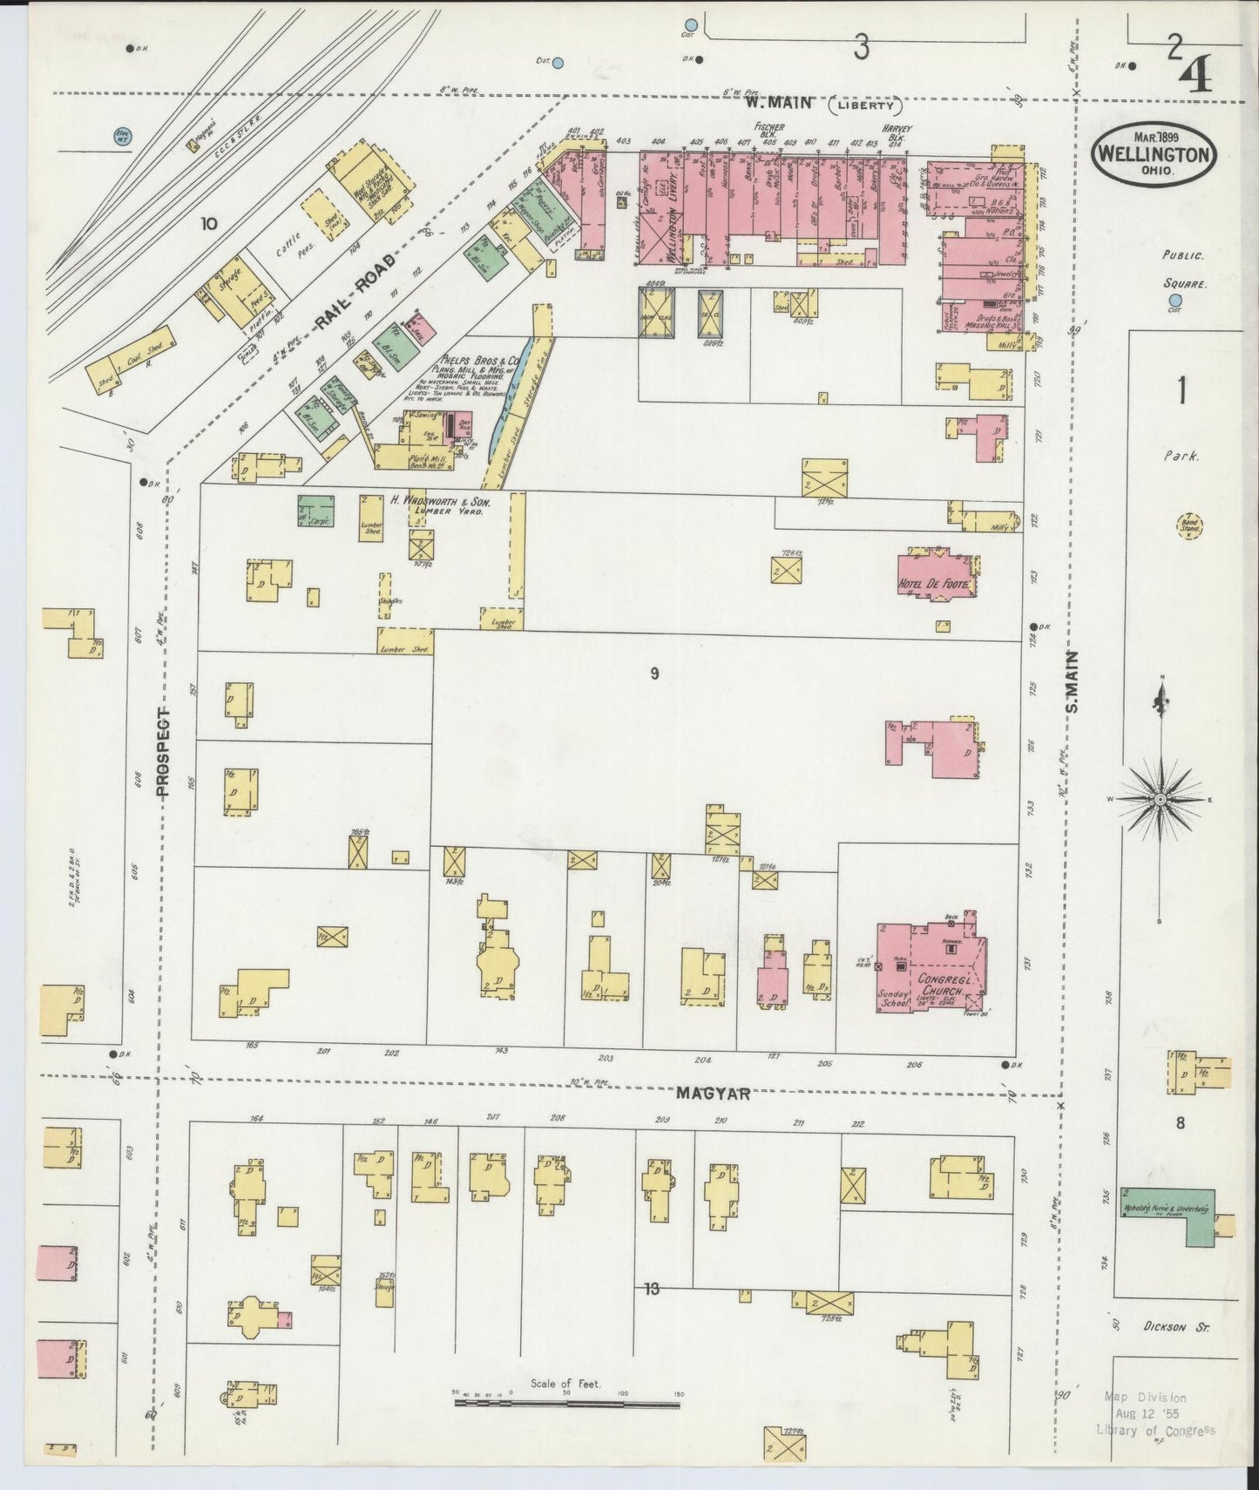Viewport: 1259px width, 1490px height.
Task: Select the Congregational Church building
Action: coord(932,968)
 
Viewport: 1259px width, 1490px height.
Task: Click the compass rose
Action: coord(1161,797)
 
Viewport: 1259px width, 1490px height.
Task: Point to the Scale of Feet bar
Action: coord(566,1404)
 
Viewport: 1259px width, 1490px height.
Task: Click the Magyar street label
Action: coord(714,1094)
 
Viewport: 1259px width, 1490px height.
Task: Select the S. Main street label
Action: coord(1072,681)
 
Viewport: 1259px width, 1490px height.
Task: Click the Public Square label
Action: coord(1183,270)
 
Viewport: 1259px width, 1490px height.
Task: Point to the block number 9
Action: coord(653,674)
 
